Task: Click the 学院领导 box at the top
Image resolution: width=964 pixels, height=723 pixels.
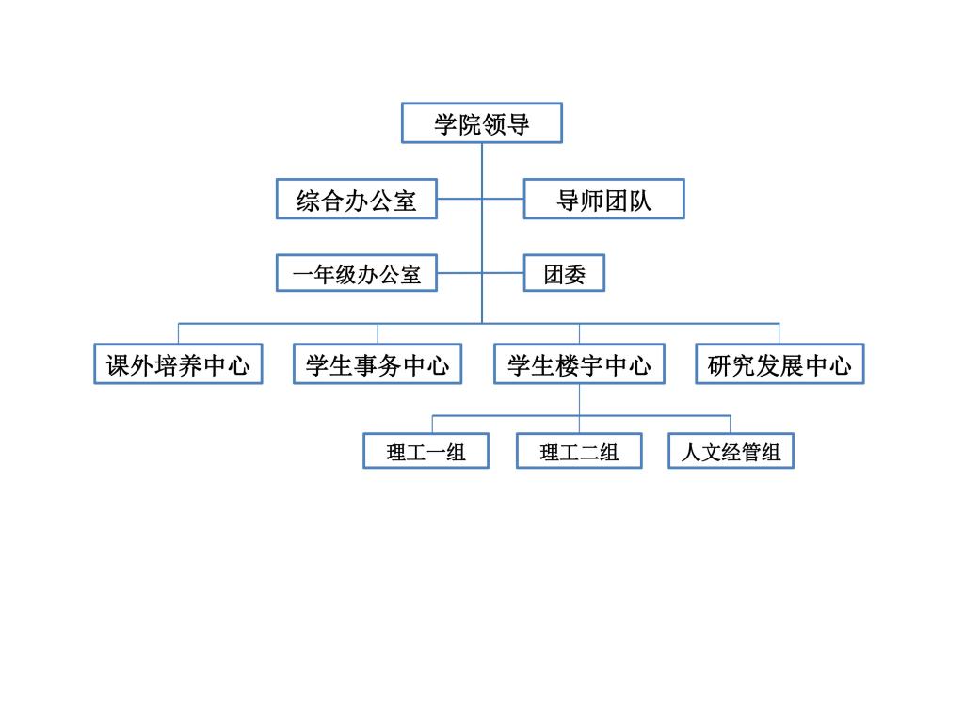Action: pos(481,123)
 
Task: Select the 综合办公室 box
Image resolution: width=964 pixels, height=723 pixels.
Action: pos(357,199)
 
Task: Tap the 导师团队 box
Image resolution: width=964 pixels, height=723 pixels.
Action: pos(603,199)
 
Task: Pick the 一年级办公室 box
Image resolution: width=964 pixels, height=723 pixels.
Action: pos(357,273)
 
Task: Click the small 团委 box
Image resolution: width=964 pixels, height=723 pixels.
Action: pos(564,273)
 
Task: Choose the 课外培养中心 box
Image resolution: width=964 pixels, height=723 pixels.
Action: pos(178,364)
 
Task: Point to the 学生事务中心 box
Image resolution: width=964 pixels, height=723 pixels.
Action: pos(378,364)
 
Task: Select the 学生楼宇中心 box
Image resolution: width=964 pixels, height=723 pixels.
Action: pos(579,364)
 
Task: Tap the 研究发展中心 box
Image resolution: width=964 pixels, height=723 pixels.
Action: pos(779,364)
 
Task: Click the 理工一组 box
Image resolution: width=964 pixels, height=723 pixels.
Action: pos(426,451)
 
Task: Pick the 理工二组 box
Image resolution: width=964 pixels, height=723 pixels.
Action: pos(579,451)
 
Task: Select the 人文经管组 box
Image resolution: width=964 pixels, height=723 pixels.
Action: pos(731,451)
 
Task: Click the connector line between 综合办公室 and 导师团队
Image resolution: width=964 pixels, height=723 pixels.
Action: pos(480,199)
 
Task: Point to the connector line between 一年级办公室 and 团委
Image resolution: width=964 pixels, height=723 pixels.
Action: pos(480,273)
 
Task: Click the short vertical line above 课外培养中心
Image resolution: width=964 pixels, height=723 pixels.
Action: pos(178,333)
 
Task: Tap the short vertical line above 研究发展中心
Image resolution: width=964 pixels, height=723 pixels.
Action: pos(779,333)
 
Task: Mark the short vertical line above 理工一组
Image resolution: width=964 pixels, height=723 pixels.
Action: pos(433,425)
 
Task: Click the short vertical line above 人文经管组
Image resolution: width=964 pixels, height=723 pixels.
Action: pos(731,425)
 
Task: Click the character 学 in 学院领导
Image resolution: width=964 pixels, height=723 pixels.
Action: pos(445,124)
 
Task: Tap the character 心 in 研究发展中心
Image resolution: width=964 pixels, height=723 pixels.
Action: pos(841,366)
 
